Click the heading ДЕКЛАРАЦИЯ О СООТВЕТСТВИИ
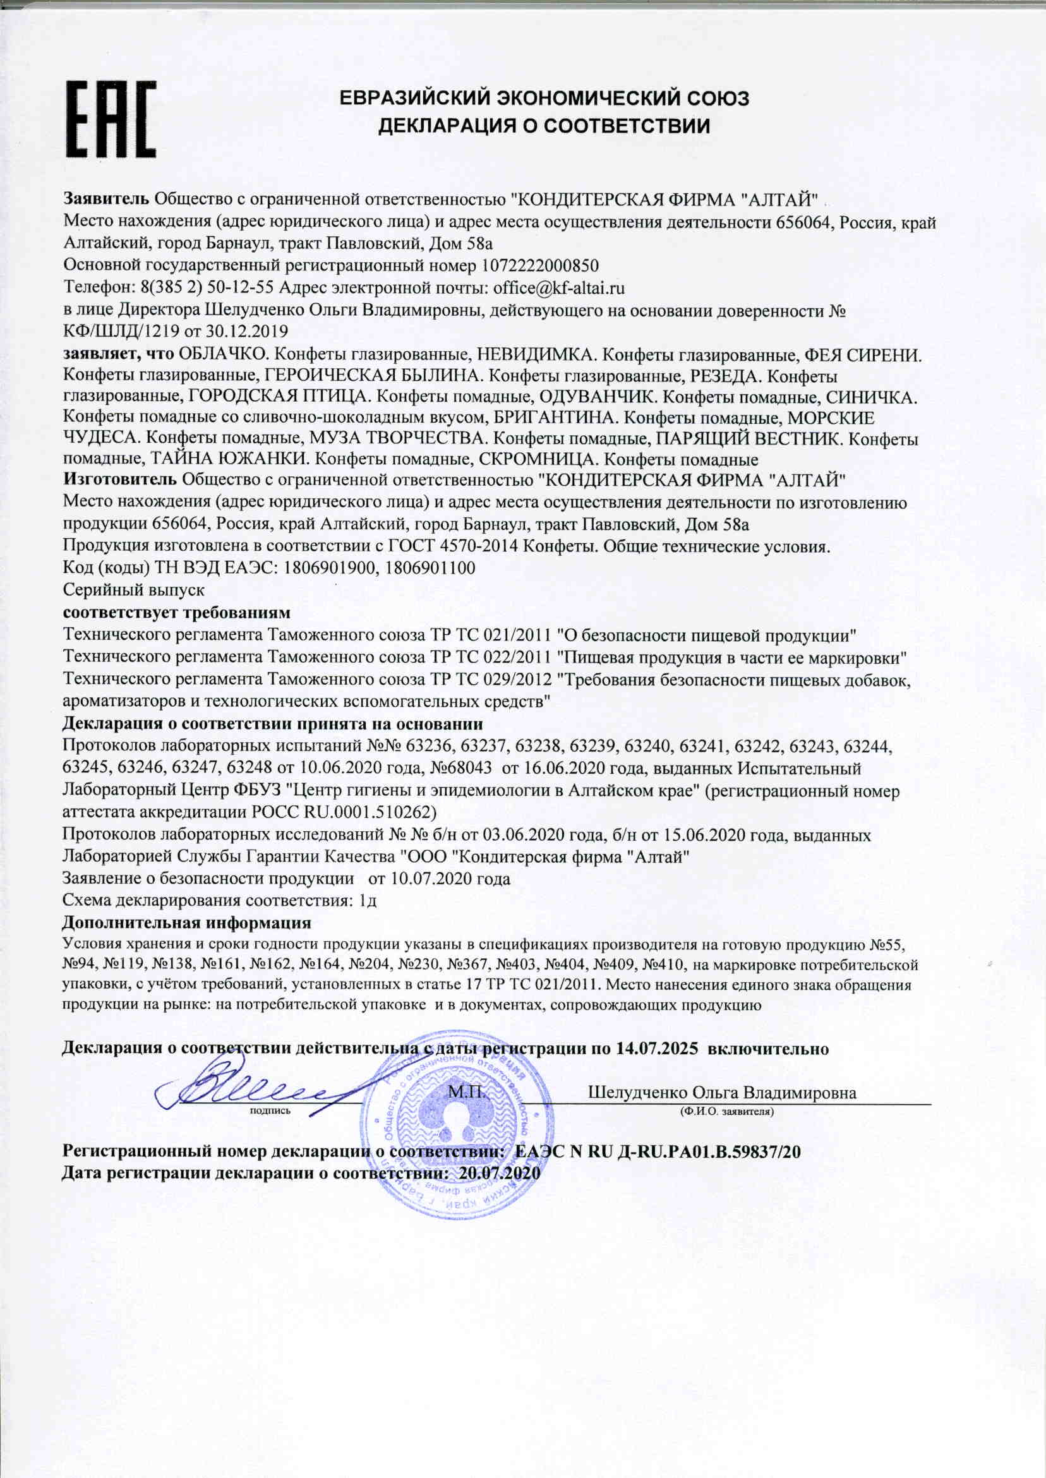click(x=544, y=126)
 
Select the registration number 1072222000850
click(x=540, y=266)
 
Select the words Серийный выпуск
click(x=133, y=589)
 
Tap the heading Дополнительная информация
click(x=186, y=923)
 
